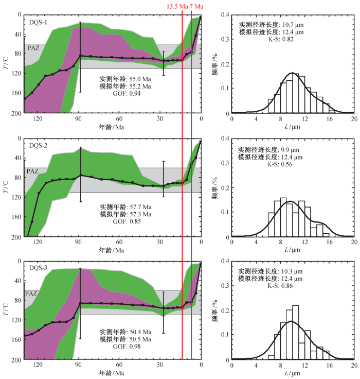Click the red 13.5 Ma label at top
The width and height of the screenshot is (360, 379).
click(177, 6)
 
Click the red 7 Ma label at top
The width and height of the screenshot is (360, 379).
click(196, 6)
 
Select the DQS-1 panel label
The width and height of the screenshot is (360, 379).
click(38, 23)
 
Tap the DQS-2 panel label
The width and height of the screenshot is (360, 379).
click(38, 146)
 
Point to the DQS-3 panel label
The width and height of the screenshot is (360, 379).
click(38, 268)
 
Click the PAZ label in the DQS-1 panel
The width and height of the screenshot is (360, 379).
click(33, 48)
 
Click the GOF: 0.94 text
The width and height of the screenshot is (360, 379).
click(127, 93)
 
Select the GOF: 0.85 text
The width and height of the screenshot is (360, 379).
click(127, 221)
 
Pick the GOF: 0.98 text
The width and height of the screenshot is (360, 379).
click(127, 347)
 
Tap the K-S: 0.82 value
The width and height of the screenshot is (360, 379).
click(281, 39)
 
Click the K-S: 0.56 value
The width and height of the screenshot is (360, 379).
click(280, 164)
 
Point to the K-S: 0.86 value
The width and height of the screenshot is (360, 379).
click(280, 286)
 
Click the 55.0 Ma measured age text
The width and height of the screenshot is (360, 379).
click(140, 79)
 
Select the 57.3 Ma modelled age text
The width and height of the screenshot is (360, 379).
click(140, 214)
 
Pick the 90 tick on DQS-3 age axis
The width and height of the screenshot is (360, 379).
click(78, 365)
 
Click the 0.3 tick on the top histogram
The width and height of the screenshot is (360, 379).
click(225, 39)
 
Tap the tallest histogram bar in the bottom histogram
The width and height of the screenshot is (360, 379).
click(295, 332)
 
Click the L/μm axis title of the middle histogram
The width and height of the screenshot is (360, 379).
click(292, 250)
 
